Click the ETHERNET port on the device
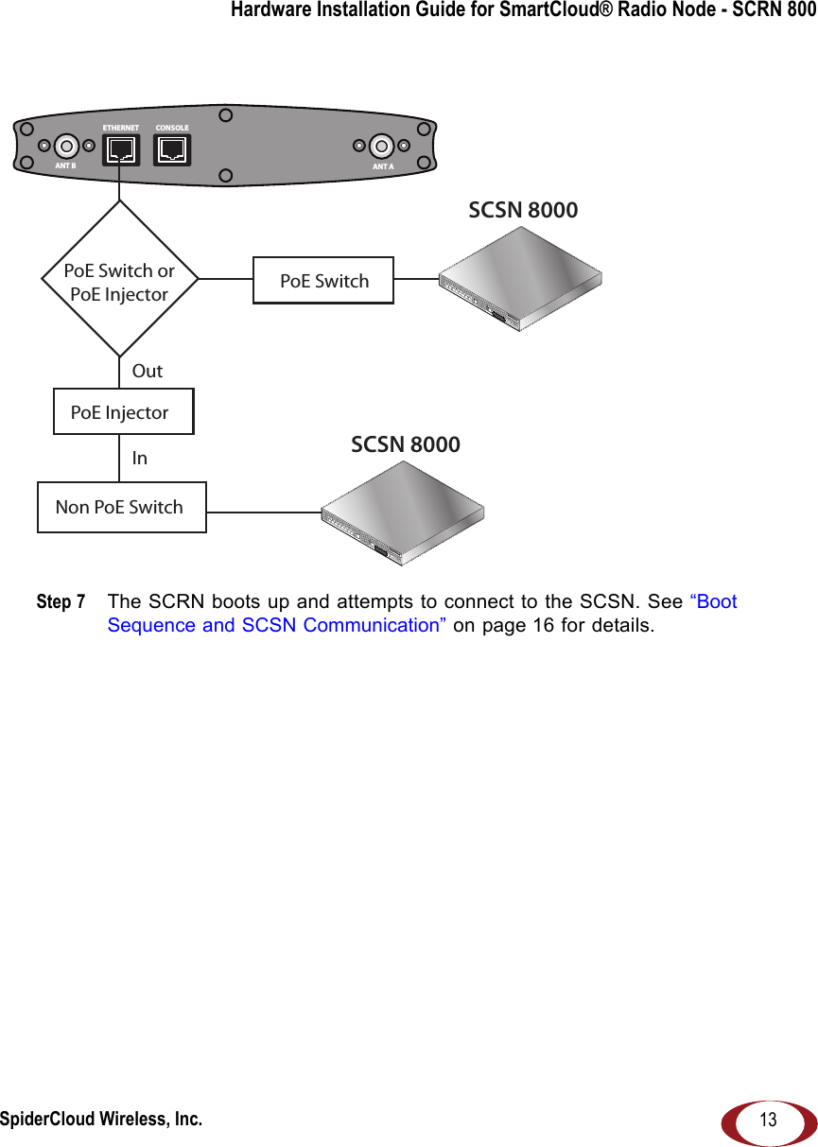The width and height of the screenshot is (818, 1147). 120,148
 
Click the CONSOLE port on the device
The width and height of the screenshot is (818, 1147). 172,148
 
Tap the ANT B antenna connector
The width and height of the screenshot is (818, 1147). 66,147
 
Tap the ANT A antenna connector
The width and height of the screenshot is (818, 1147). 382,146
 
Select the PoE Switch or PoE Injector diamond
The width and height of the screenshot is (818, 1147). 119,281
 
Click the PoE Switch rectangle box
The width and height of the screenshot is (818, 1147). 323,281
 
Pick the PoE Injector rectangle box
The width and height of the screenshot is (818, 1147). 123,412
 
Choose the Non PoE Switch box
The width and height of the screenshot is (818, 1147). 121,507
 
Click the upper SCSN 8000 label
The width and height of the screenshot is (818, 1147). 523,210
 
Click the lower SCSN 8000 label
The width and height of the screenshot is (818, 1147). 406,444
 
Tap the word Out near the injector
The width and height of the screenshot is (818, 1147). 148,371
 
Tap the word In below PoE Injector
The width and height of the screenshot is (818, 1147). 140,458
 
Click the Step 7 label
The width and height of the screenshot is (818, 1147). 61,602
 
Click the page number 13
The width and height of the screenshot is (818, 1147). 769,1121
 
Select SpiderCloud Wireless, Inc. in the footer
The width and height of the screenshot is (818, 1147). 100,1120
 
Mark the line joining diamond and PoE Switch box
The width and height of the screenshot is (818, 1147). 225,280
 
